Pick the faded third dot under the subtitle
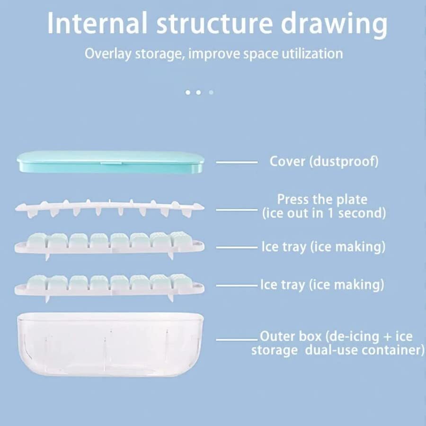coord(211,92)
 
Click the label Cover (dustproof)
coord(324,161)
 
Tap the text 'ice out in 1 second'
coord(324,213)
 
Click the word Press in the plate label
coord(293,199)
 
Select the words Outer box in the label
coord(289,337)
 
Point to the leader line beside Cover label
coord(237,162)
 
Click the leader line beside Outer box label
coord(237,339)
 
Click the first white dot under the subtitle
coord(188,92)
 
